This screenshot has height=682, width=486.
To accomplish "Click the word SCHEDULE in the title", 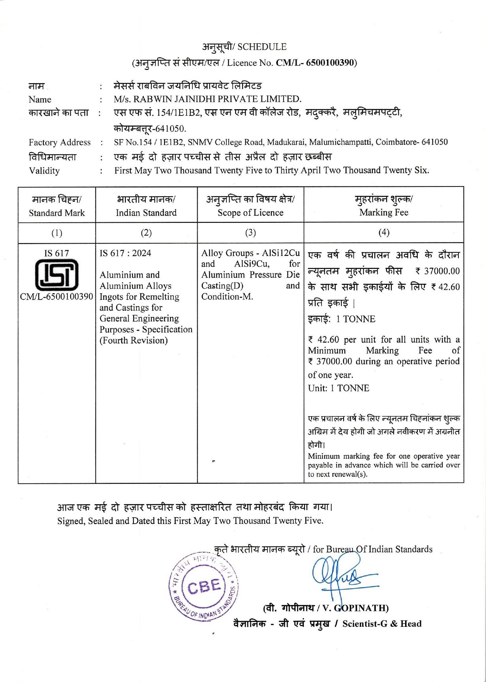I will [x=262, y=47].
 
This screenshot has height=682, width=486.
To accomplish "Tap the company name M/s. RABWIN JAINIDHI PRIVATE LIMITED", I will [x=207, y=99].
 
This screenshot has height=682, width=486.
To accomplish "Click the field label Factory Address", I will [x=60, y=142].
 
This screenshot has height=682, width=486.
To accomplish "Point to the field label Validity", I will [x=44, y=171].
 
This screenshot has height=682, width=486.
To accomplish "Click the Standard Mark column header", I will [x=57, y=213].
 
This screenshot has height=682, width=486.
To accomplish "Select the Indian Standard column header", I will [x=146, y=213].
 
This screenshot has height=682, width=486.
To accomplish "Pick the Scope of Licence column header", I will [x=250, y=213].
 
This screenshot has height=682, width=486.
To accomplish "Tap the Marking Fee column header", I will [x=384, y=212].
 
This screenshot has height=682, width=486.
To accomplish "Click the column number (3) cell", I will [x=250, y=233].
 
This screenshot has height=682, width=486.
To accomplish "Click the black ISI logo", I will [x=57, y=275].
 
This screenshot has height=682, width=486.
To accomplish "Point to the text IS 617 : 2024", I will [x=125, y=253].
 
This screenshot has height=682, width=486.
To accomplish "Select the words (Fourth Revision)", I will [x=134, y=340].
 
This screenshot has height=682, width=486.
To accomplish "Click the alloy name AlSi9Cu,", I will [x=252, y=264].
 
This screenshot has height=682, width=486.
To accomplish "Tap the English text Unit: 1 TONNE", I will [x=338, y=388].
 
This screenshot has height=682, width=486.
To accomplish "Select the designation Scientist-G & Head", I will [x=382, y=624].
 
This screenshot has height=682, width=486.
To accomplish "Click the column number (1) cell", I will [x=57, y=233].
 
